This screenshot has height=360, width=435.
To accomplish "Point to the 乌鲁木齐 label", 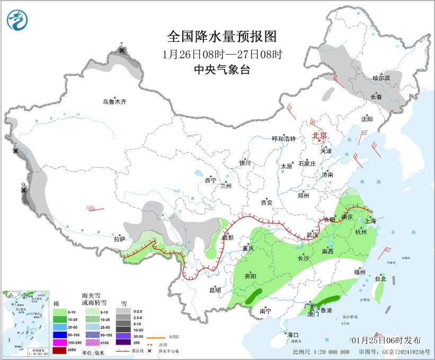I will pyautogui.click(x=115, y=101).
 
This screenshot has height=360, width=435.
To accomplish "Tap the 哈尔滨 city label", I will pyautogui.click(x=380, y=77).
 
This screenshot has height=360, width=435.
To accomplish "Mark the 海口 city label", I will pyautogui.click(x=293, y=335).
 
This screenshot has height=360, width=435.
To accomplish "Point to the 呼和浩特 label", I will pyautogui.click(x=283, y=138).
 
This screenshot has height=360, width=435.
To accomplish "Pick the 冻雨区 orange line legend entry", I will pyautogui.click(x=154, y=337).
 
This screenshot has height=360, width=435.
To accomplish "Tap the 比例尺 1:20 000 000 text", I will pyautogui.click(x=321, y=352).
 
